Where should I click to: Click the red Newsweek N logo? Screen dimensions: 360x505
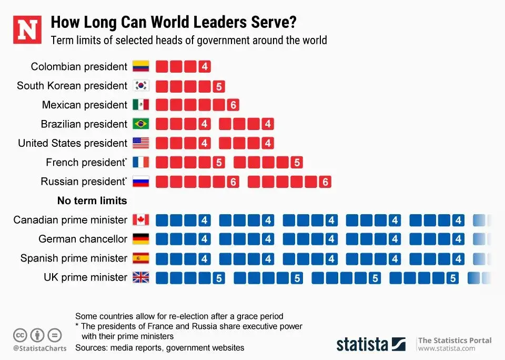click(x=27, y=31)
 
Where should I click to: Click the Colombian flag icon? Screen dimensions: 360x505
click(x=141, y=66)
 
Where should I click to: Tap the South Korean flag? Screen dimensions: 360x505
click(x=141, y=86)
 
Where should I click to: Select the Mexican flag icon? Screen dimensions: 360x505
click(x=141, y=105)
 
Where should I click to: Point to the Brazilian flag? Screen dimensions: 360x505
click(x=141, y=124)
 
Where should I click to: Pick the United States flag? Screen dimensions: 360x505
click(x=141, y=143)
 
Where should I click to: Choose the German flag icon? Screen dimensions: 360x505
click(x=141, y=239)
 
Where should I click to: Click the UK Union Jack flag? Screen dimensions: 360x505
click(x=141, y=277)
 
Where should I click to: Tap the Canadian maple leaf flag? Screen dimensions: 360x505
click(x=141, y=219)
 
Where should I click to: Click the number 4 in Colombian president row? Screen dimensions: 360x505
click(x=205, y=67)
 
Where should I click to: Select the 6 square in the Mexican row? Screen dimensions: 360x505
click(x=233, y=105)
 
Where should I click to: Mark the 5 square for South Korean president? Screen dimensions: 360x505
click(x=219, y=86)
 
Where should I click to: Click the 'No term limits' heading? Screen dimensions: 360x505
click(x=92, y=201)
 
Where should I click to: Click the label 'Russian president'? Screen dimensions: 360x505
click(x=84, y=182)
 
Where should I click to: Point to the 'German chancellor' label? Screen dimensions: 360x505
click(x=83, y=239)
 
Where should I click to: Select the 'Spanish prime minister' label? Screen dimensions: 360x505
click(x=74, y=258)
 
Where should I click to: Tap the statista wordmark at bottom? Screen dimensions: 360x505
click(x=362, y=344)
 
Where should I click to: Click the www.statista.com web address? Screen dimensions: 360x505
click(x=447, y=348)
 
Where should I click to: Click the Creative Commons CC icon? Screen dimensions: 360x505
click(x=21, y=335)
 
